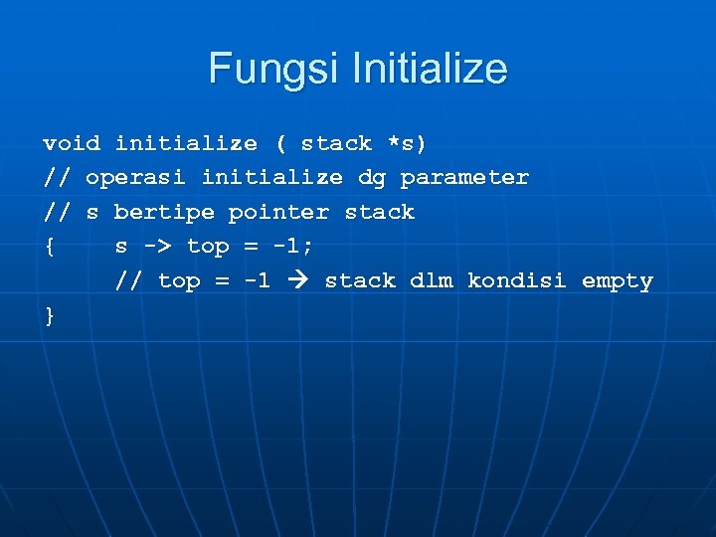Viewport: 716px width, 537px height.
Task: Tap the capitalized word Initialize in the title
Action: pos(430,70)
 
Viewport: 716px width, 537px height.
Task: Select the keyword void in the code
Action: pos(72,143)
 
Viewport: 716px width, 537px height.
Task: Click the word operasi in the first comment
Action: pos(136,178)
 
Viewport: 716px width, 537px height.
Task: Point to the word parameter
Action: pos(464,178)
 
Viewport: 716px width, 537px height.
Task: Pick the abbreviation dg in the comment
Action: pos(372,178)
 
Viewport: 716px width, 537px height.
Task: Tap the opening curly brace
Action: pos(49,247)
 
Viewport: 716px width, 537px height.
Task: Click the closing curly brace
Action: pos(49,315)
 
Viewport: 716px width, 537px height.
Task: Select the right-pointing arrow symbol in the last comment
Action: pos(297,281)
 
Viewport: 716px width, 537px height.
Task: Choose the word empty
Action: pos(617,281)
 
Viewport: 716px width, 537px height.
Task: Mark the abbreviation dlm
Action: pos(431,281)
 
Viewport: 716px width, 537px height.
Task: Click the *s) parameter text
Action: pos(408,143)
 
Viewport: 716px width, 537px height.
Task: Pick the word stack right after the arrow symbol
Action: pos(360,281)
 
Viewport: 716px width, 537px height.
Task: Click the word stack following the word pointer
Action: pos(379,212)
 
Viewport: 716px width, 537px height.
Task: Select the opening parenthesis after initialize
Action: pos(279,143)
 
